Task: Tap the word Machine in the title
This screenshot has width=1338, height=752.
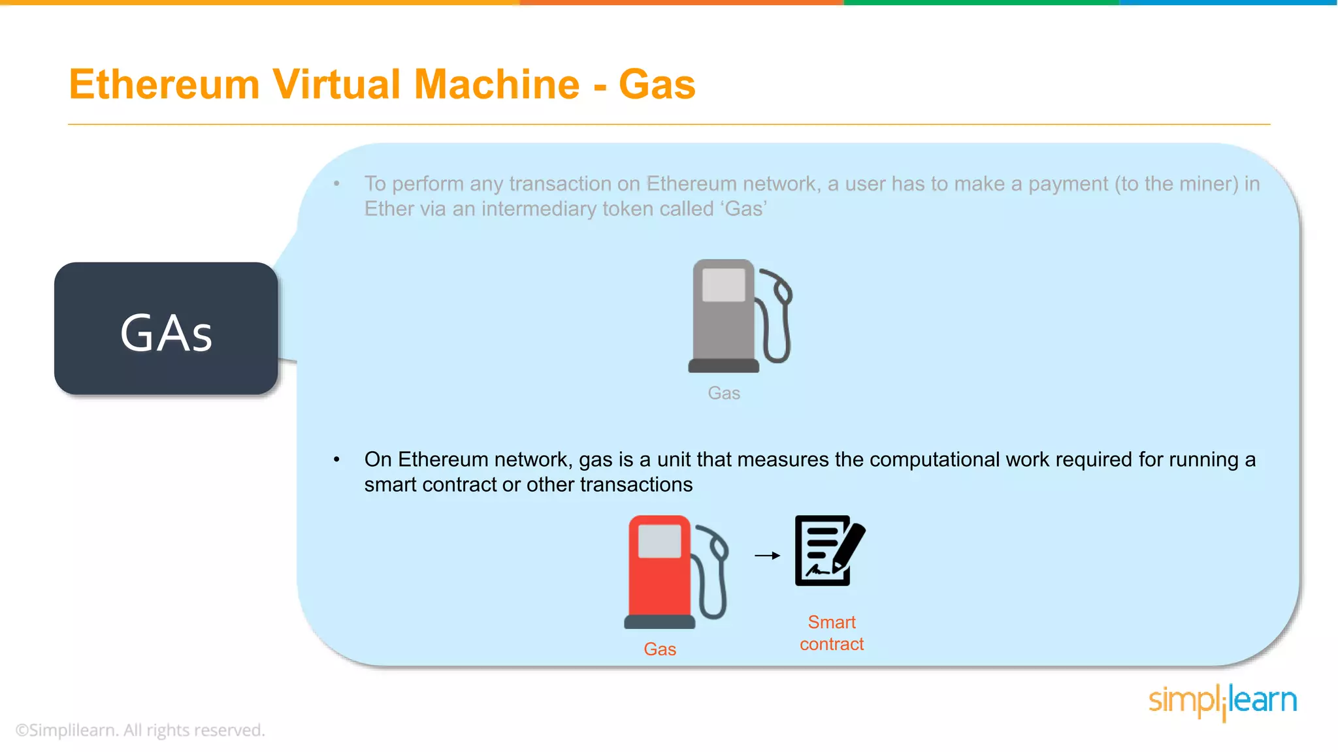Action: click(x=497, y=85)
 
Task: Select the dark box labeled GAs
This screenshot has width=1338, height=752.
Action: click(x=166, y=329)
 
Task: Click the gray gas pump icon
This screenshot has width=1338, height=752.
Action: click(x=725, y=317)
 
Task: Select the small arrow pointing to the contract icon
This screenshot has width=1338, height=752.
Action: click(x=767, y=556)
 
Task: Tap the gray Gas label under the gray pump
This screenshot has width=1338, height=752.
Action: click(x=724, y=393)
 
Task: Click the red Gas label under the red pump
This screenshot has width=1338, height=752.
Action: click(x=660, y=649)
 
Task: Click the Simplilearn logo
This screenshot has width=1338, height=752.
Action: click(x=1222, y=701)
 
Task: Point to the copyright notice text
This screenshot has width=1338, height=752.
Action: click(x=140, y=730)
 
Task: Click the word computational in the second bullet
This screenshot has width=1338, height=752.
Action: click(x=934, y=460)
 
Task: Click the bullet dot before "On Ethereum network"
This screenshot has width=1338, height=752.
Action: click(x=336, y=460)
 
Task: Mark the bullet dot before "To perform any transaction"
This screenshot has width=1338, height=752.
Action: click(x=336, y=184)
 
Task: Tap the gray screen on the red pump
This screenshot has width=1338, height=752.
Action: click(x=659, y=542)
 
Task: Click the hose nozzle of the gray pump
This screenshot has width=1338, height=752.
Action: click(x=780, y=287)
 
